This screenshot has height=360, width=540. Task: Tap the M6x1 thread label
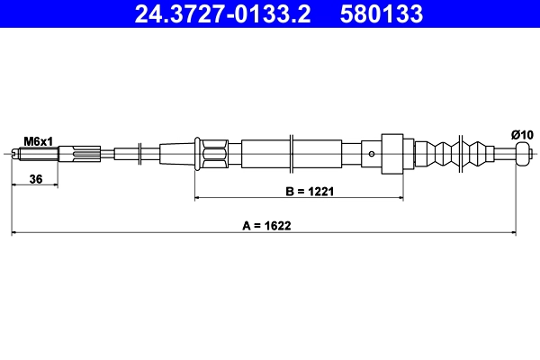(x=39, y=141)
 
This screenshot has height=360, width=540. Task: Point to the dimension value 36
(x=36, y=179)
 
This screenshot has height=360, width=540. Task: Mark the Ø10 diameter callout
(x=522, y=134)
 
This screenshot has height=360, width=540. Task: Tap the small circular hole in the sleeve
(x=372, y=154)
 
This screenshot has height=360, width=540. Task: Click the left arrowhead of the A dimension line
(x=15, y=234)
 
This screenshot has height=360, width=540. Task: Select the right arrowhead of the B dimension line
(x=398, y=197)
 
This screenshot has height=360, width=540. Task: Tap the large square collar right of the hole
(x=391, y=154)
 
